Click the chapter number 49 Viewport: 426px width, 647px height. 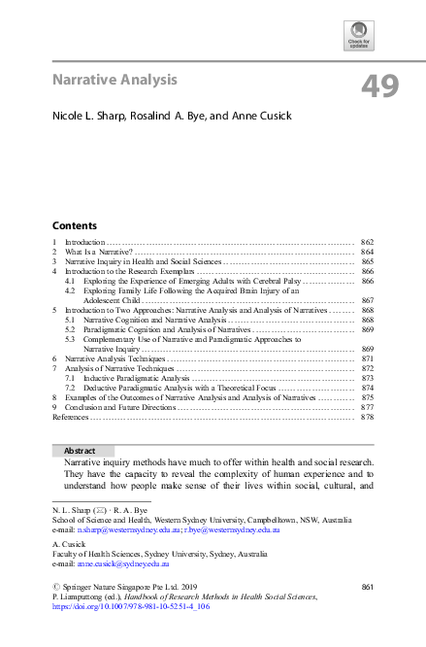(379, 85)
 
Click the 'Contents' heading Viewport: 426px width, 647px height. (74, 223)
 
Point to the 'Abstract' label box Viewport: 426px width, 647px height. (79, 452)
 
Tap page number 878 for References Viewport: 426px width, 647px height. (367, 417)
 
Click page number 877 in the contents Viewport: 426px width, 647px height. (367, 407)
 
